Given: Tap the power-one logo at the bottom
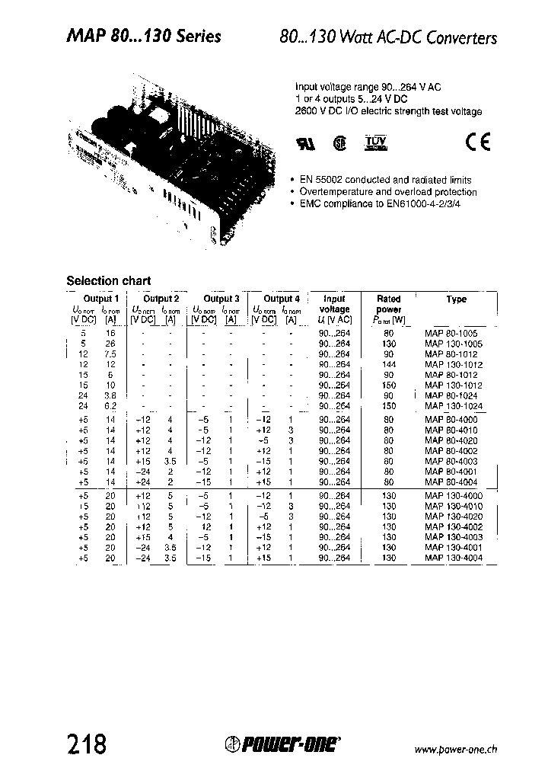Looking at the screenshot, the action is (283, 744).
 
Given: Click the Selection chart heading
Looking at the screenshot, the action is (109, 280).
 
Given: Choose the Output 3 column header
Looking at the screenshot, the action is (221, 299).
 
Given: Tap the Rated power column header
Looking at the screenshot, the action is (389, 304).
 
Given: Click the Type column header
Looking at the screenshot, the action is (457, 299).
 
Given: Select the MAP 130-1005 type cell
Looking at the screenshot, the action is (454, 344).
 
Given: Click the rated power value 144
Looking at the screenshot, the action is (389, 365).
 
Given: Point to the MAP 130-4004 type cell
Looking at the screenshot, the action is (454, 558).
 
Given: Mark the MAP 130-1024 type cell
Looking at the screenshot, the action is (454, 407).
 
